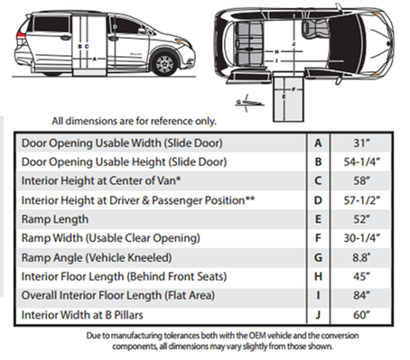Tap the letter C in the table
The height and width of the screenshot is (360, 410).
point(318,180)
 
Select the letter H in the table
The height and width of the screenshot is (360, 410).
point(318,276)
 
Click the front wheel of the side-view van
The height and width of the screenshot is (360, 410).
point(163,65)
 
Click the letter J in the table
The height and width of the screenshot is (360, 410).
point(318,315)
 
